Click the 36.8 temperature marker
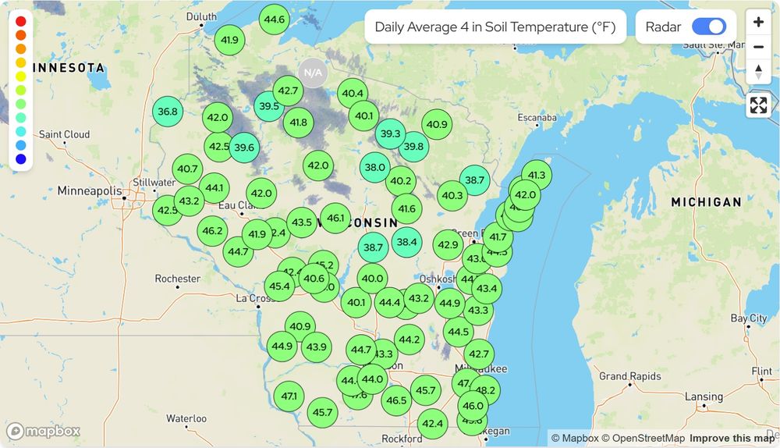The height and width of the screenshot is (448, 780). click(x=168, y=112)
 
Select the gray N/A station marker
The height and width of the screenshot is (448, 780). click(x=313, y=73)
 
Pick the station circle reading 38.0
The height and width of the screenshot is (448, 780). click(x=375, y=167)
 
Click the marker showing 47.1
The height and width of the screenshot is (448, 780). click(x=289, y=396)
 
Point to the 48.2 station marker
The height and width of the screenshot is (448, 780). click(x=484, y=390)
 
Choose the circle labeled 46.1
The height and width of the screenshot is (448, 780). click(x=336, y=219)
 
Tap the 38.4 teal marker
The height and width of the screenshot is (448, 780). click(x=406, y=242)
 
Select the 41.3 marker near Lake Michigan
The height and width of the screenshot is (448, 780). click(x=537, y=175)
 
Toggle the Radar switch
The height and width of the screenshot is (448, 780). click(x=708, y=27)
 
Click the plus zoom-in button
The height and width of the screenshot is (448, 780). click(x=758, y=22)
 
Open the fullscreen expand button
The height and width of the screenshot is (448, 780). click(x=758, y=105)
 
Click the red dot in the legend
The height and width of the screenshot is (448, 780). click(x=20, y=21)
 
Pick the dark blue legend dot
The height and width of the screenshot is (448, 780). click(x=20, y=159)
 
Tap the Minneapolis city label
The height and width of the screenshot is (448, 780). click(x=90, y=190)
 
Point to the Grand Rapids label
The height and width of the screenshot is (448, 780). click(x=630, y=376)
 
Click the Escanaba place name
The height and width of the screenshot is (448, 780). click(x=537, y=118)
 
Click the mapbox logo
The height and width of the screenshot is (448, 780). click(x=44, y=431)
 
